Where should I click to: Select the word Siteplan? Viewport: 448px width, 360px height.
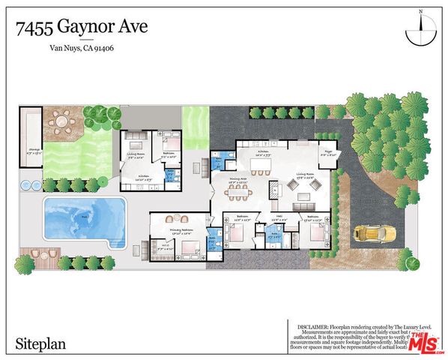pyautogui.click(x=40, y=343)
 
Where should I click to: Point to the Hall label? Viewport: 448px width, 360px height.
pyautogui.click(x=275, y=219)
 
